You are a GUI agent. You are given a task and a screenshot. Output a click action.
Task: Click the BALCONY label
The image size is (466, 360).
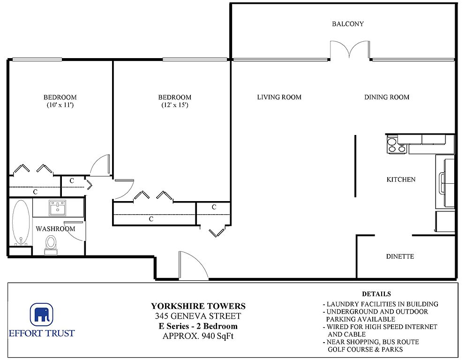coord(348,24)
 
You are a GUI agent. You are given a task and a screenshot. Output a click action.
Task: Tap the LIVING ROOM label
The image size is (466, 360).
coord(279,97)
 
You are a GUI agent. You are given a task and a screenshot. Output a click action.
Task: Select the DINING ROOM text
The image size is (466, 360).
coord(387,97)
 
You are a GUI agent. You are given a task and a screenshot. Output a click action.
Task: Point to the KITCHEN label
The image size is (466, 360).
coord(401,180)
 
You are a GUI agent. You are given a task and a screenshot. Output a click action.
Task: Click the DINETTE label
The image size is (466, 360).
coord(400,256)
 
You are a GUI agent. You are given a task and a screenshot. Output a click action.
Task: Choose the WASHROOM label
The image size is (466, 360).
coord(55,229)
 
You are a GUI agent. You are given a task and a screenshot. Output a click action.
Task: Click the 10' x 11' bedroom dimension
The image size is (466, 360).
coord(60,105)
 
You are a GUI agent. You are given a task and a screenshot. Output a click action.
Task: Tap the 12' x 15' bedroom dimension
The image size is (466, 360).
coord(175,105)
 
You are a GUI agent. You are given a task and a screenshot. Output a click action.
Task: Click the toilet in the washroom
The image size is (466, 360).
coord(51,245)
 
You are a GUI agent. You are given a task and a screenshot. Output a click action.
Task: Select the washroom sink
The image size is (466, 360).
coord(57,208)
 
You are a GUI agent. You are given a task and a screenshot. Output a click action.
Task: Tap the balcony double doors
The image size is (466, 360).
coord(350,50)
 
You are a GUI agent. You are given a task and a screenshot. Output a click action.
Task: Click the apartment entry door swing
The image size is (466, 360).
coord(193,265)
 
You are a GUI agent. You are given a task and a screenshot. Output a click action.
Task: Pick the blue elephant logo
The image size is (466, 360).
coord(42,315)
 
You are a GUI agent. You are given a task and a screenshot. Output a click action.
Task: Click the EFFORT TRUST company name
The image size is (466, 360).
coord(42,333)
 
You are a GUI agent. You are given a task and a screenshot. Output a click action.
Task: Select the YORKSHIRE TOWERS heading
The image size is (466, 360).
coord(198,306)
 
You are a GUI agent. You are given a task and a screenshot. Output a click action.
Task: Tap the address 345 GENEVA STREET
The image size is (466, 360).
coord(198,316)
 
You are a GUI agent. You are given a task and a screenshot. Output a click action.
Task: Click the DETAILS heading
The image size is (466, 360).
coord(376,294)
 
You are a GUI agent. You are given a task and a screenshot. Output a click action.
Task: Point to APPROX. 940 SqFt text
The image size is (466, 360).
coord(198,336)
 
